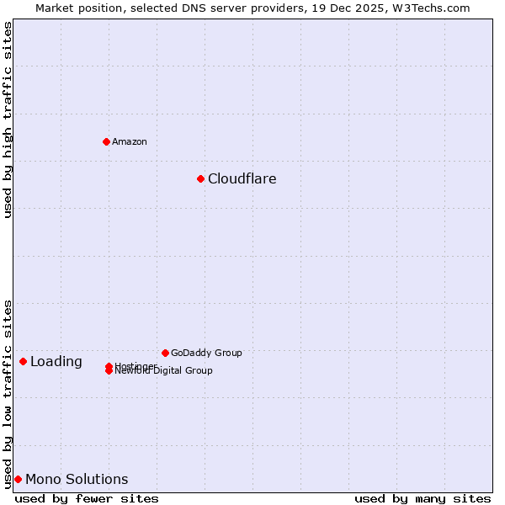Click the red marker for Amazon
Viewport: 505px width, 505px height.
[106, 141]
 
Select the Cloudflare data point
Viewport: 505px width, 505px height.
[200, 178]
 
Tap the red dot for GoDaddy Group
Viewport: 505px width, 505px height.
[165, 353]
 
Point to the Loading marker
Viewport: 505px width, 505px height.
[23, 361]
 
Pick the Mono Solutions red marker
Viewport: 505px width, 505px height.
[18, 479]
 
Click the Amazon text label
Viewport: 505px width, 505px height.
[130, 141]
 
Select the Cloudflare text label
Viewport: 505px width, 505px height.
[242, 178]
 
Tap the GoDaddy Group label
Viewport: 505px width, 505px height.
[206, 353]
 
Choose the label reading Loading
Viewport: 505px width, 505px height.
[56, 362]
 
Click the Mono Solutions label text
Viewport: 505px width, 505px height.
[77, 480]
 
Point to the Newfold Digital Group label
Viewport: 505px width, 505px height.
[164, 371]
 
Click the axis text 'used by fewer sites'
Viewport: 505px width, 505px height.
[87, 498]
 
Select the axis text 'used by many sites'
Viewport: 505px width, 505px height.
[423, 498]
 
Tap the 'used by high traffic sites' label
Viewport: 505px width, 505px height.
[8, 120]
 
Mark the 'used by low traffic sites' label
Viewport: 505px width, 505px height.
[8, 394]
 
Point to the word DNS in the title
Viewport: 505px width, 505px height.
[189, 8]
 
